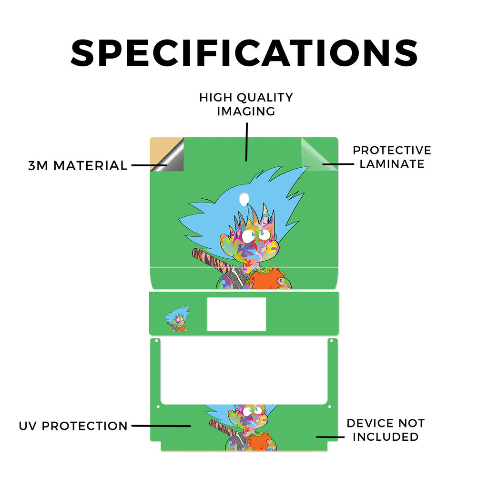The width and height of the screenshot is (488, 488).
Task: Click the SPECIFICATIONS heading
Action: pos(244,53)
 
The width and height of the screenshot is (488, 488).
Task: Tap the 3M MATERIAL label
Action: pos(78,165)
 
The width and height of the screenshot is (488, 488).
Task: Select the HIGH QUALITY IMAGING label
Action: pos(246,104)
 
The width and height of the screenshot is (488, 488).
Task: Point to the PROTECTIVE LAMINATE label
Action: pos(392,157)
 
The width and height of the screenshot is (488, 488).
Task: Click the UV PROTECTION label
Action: pos(73,426)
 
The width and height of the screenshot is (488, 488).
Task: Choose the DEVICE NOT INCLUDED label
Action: pos(386,430)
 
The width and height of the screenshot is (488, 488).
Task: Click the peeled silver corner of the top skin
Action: pos(173,159)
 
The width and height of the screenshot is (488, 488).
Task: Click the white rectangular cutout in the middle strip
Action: pos(236,314)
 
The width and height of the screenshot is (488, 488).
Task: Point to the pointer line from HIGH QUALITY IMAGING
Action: pos(246,142)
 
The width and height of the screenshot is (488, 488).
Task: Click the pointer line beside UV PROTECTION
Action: pos(161,426)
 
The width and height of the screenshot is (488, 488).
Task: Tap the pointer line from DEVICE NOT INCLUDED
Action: pos(330,437)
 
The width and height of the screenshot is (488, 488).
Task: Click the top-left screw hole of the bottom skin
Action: pos(156,341)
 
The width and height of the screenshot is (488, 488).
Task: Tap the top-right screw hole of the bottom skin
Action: pos(332,341)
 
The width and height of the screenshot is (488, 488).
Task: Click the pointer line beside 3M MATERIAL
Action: pos(149,165)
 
